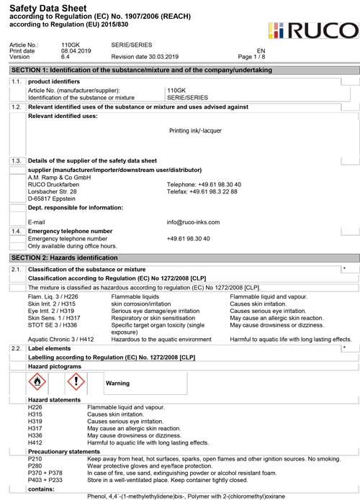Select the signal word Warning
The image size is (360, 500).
[x=117, y=383]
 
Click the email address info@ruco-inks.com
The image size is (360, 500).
[x=193, y=222]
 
